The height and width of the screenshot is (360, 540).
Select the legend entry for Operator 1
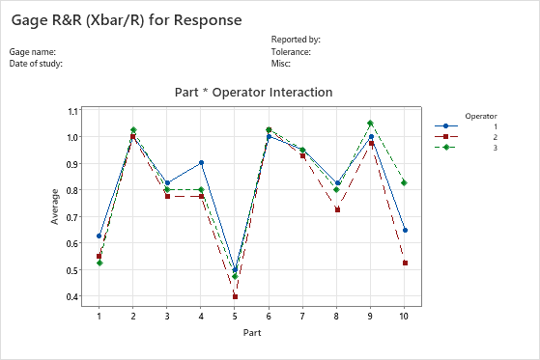469,126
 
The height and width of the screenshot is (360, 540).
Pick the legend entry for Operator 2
469,137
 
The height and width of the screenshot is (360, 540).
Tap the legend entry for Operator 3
469,148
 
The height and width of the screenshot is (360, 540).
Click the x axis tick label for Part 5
235,316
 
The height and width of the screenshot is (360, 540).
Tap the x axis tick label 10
404,316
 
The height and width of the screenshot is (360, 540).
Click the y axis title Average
55,206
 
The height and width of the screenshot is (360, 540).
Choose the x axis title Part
252,333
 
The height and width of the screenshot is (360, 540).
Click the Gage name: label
33,51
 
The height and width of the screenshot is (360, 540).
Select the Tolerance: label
291,51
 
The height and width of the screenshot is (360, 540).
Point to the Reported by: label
296,40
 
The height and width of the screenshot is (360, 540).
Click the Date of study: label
36,63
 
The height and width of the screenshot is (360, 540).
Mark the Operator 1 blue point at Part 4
201,163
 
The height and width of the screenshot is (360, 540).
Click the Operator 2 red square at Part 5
235,296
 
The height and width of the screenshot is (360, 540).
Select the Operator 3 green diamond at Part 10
404,182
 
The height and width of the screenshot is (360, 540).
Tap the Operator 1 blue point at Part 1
99,235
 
